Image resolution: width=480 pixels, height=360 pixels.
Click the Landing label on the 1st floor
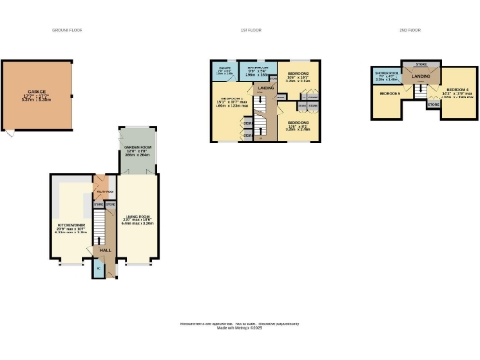266,88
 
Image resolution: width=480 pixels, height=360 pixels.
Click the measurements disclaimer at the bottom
239,324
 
